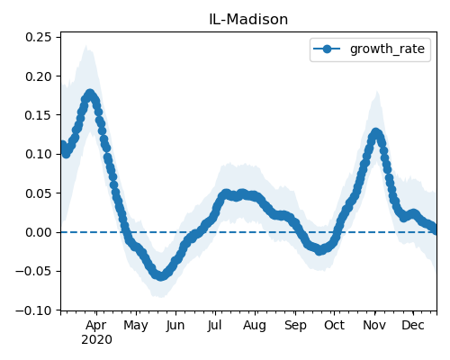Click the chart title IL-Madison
248,20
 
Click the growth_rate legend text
387,49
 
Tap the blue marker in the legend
327,49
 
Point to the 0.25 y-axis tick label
38,37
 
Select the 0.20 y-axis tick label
38,76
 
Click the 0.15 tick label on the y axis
38,115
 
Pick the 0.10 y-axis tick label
38,154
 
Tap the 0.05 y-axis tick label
38,193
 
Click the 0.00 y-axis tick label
38,232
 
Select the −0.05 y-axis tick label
33,271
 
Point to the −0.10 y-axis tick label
33,310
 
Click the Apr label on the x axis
96,326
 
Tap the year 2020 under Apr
96,339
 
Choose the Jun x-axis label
175,326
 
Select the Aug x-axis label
255,326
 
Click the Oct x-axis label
334,326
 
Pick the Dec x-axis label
413,326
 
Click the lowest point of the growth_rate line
161,276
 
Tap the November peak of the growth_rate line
375,133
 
